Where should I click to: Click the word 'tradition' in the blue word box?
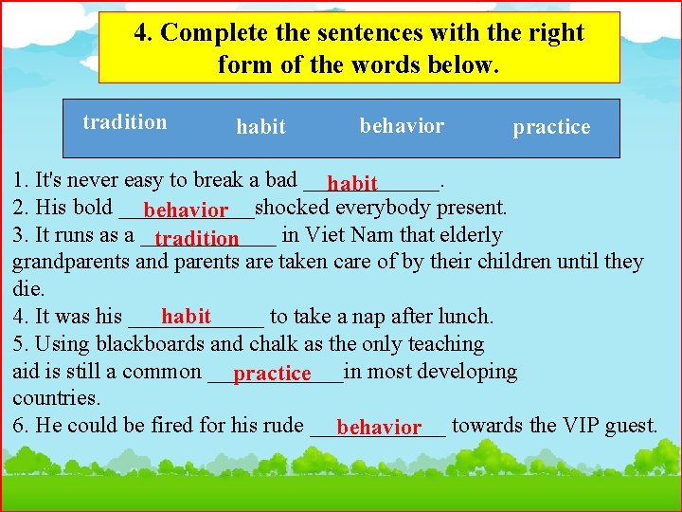[124, 122]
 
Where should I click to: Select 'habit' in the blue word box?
[260, 127]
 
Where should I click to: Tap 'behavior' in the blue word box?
[402, 125]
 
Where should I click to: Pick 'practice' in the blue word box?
[551, 127]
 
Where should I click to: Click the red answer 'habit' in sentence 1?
[352, 183]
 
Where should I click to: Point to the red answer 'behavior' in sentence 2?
[187, 210]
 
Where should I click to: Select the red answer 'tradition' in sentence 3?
[197, 238]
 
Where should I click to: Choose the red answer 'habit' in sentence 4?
[186, 317]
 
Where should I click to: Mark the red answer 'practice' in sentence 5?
[272, 374]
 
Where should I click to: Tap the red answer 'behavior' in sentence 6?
[378, 428]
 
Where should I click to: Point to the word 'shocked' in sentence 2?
[292, 207]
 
